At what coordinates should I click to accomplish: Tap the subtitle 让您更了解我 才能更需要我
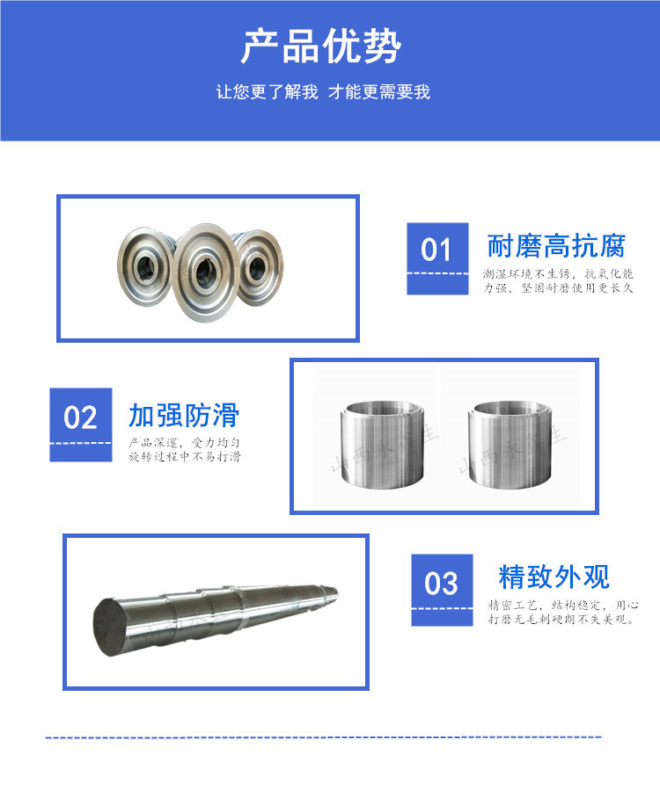click(323, 92)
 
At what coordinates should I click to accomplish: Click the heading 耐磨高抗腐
click(555, 245)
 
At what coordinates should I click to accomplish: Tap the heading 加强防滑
click(184, 415)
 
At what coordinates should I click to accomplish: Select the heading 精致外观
click(554, 577)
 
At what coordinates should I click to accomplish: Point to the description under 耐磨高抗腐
click(558, 281)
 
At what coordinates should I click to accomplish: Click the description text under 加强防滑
click(185, 450)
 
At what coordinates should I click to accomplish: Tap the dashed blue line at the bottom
click(323, 737)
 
